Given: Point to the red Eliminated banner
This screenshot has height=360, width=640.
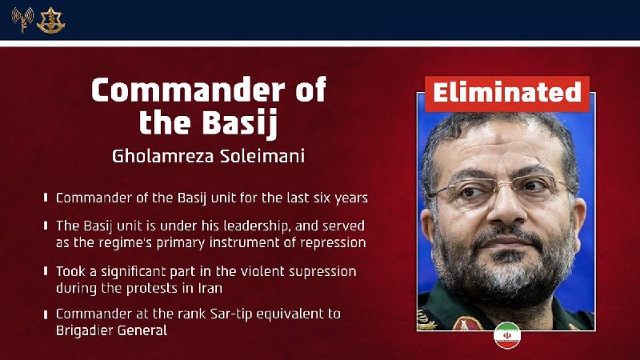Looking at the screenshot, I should pos(506,93).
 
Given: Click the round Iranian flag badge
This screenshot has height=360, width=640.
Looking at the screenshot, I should pos(506,335).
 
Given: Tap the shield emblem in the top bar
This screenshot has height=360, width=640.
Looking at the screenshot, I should pos(50,20).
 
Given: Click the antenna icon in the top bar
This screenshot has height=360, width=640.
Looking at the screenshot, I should pos(22,20).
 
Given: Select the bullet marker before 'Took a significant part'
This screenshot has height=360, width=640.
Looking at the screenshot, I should pos(46,272).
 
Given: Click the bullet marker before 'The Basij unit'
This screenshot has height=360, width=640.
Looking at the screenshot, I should pos(46,226).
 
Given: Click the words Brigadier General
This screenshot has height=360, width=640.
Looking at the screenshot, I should pos(111,330).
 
